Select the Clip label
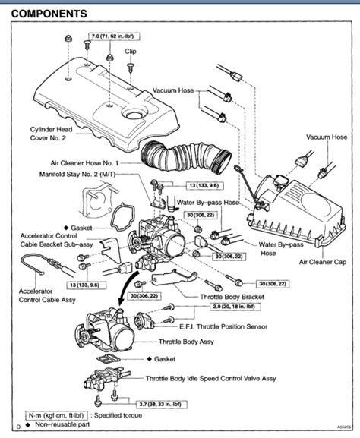[131, 51]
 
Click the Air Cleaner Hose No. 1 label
[93, 162]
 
